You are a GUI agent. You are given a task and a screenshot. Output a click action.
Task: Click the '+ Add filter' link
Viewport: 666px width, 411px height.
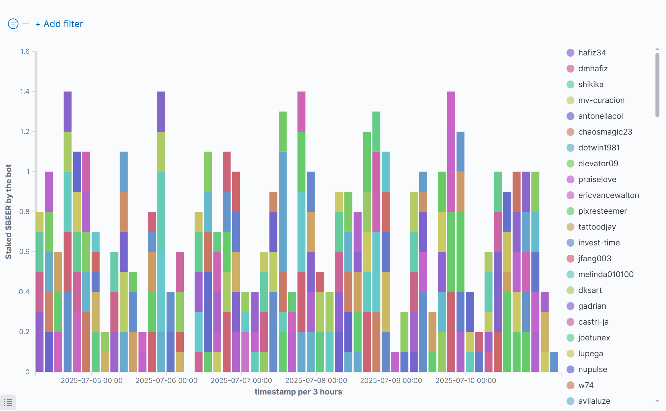tap(59, 24)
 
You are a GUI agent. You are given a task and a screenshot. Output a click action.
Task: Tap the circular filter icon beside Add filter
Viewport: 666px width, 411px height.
tap(13, 24)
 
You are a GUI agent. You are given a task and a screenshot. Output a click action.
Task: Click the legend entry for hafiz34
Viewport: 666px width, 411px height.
tap(592, 53)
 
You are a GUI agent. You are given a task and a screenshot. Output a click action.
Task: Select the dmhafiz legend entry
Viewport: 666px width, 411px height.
tap(593, 69)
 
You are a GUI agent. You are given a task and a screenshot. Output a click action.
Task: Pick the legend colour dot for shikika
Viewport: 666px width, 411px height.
tap(570, 84)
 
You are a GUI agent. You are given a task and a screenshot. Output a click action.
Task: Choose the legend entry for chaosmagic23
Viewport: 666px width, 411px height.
tap(605, 132)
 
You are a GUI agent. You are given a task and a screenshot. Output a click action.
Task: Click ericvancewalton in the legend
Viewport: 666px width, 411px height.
tap(608, 195)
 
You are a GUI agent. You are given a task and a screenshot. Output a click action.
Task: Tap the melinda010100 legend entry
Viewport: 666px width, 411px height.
tap(606, 274)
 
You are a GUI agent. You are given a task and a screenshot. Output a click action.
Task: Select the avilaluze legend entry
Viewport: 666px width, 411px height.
tap(594, 401)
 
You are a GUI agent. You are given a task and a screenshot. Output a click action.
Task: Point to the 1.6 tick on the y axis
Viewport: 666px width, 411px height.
tap(25, 51)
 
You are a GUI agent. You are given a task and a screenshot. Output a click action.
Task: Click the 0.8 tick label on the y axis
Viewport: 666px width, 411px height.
tap(24, 212)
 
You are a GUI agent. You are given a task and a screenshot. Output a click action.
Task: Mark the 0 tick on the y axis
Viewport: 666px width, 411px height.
tap(28, 372)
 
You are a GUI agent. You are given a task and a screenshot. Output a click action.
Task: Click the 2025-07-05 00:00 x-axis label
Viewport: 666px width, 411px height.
tap(92, 381)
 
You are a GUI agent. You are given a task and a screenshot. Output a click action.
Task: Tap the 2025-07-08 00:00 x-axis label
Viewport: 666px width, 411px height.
tap(316, 381)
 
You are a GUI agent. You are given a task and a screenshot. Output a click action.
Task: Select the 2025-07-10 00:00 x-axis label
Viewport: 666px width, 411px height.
tap(466, 381)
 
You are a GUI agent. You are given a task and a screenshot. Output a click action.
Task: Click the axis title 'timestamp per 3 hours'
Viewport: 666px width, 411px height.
tap(298, 392)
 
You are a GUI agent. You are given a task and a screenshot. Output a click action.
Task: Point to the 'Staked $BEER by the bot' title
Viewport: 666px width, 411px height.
tap(9, 212)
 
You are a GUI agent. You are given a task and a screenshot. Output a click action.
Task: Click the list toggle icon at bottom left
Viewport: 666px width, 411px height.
tap(8, 402)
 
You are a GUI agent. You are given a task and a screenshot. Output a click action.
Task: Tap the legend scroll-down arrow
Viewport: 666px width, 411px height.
tap(657, 401)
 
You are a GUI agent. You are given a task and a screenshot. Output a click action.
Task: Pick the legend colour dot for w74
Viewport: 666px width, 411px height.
tap(570, 385)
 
